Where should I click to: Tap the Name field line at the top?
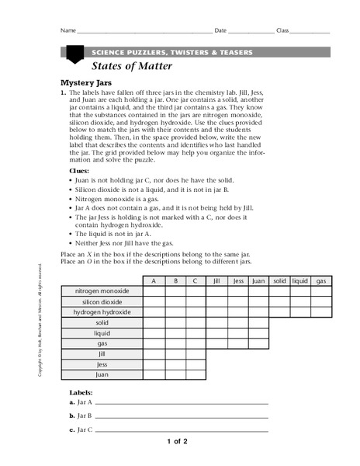tap(144, 32)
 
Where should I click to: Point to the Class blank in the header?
tap(310, 32)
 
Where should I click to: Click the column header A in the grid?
tap(154, 280)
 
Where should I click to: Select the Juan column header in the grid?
tap(258, 280)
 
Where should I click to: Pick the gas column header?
tap(321, 280)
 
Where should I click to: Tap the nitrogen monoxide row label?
tap(103, 291)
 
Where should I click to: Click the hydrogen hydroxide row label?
tap(103, 312)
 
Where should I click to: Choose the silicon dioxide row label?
tap(103, 301)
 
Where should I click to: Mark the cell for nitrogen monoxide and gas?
tap(321, 291)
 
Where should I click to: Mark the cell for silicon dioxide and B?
tap(175, 301)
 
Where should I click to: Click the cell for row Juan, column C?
tap(196, 374)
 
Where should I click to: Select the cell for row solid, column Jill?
tap(216, 322)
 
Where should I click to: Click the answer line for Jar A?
tap(181, 403)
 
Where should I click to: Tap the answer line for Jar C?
tap(181, 429)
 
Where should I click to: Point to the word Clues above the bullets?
tap(79, 169)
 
